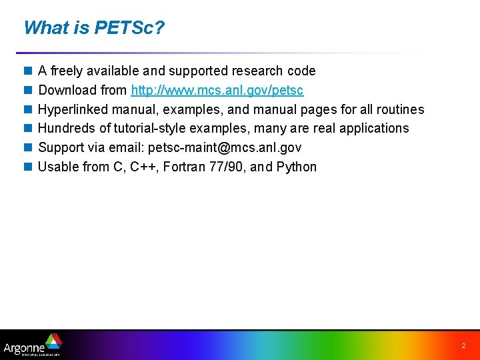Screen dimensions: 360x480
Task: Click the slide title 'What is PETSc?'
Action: click(94, 28)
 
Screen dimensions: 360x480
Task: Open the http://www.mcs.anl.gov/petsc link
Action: click(217, 90)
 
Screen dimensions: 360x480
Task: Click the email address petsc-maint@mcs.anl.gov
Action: click(225, 147)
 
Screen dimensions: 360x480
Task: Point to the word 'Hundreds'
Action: click(66, 128)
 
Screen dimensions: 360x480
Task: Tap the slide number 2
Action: click(463, 347)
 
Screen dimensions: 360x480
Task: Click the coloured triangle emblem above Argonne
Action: click(52, 341)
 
